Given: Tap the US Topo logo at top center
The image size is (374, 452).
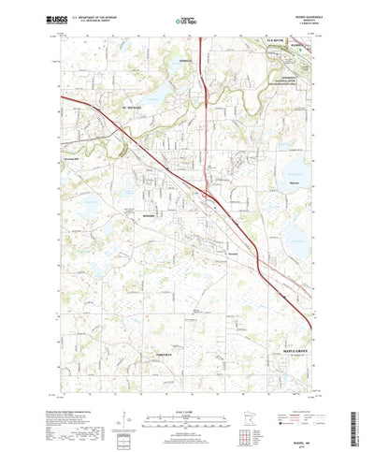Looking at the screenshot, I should coord(186,18).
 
